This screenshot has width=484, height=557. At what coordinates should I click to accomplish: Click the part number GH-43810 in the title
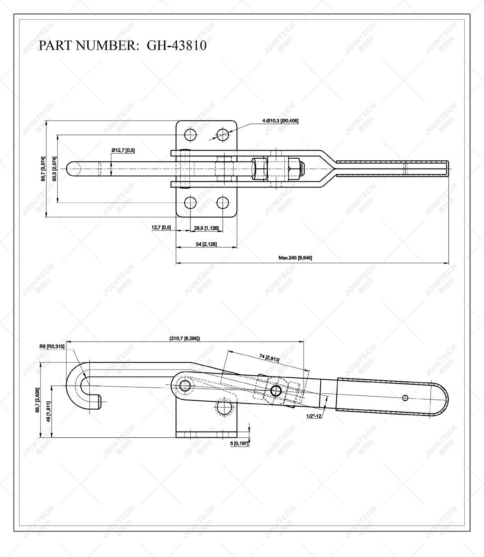176,45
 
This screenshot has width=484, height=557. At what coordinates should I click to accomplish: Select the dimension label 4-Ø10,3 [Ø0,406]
280,121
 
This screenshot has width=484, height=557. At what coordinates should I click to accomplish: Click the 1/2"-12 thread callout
314,416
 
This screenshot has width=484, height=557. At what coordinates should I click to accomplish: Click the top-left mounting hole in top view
190,134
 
